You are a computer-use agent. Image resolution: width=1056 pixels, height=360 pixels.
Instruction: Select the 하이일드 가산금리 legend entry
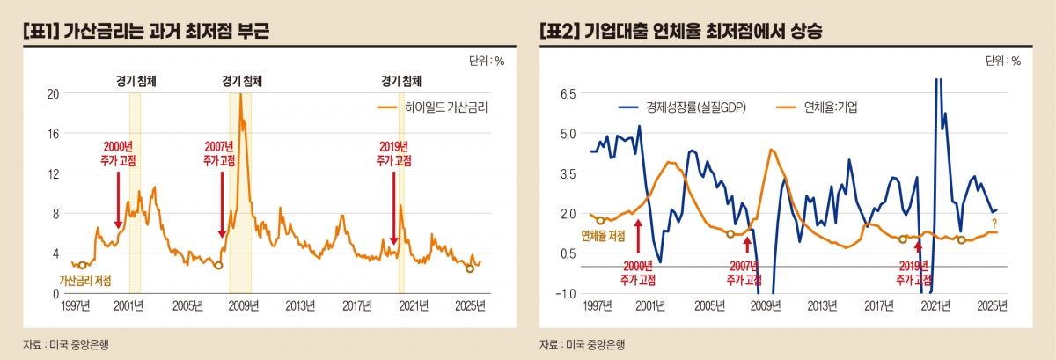pyautogui.click(x=445, y=108)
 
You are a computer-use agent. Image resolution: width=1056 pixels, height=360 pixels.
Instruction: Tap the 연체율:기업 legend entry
pyautogui.click(x=831, y=108)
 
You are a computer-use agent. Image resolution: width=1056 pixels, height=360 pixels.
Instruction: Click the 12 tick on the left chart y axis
pyautogui.click(x=52, y=173)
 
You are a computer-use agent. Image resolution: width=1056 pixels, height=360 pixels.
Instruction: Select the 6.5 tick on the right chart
pyautogui.click(x=568, y=93)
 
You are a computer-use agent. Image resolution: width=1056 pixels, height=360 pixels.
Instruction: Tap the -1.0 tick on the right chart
pyautogui.click(x=566, y=294)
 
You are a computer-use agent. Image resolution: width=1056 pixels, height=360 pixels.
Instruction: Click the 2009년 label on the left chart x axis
pyautogui.click(x=242, y=306)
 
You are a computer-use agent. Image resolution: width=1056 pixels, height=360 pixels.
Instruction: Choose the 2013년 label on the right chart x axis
pyautogui.click(x=821, y=306)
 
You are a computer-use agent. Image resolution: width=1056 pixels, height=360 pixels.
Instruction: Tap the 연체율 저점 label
pyautogui.click(x=604, y=235)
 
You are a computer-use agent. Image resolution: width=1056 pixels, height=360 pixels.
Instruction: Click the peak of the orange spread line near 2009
pyautogui.click(x=240, y=95)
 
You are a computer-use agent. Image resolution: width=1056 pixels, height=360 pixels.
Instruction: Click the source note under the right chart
pyautogui.click(x=582, y=344)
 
